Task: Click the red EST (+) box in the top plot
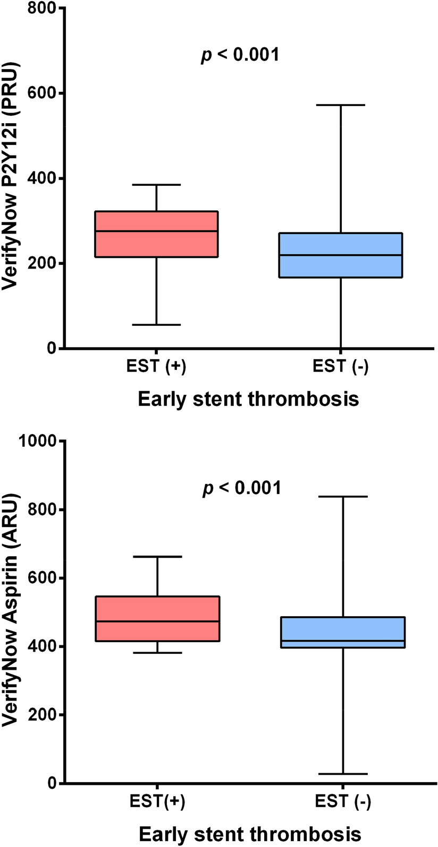click(157, 234)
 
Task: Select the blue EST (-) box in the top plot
click(341, 255)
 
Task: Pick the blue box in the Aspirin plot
click(343, 632)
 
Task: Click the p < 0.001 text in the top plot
click(239, 55)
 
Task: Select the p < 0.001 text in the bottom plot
click(241, 488)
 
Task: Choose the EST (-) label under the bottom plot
click(343, 801)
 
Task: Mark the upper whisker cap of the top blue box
click(341, 105)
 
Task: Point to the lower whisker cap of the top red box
click(157, 324)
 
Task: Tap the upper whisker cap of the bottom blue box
click(343, 496)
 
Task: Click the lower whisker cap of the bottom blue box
click(343, 774)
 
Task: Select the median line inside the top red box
click(157, 231)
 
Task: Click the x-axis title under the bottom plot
click(250, 833)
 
